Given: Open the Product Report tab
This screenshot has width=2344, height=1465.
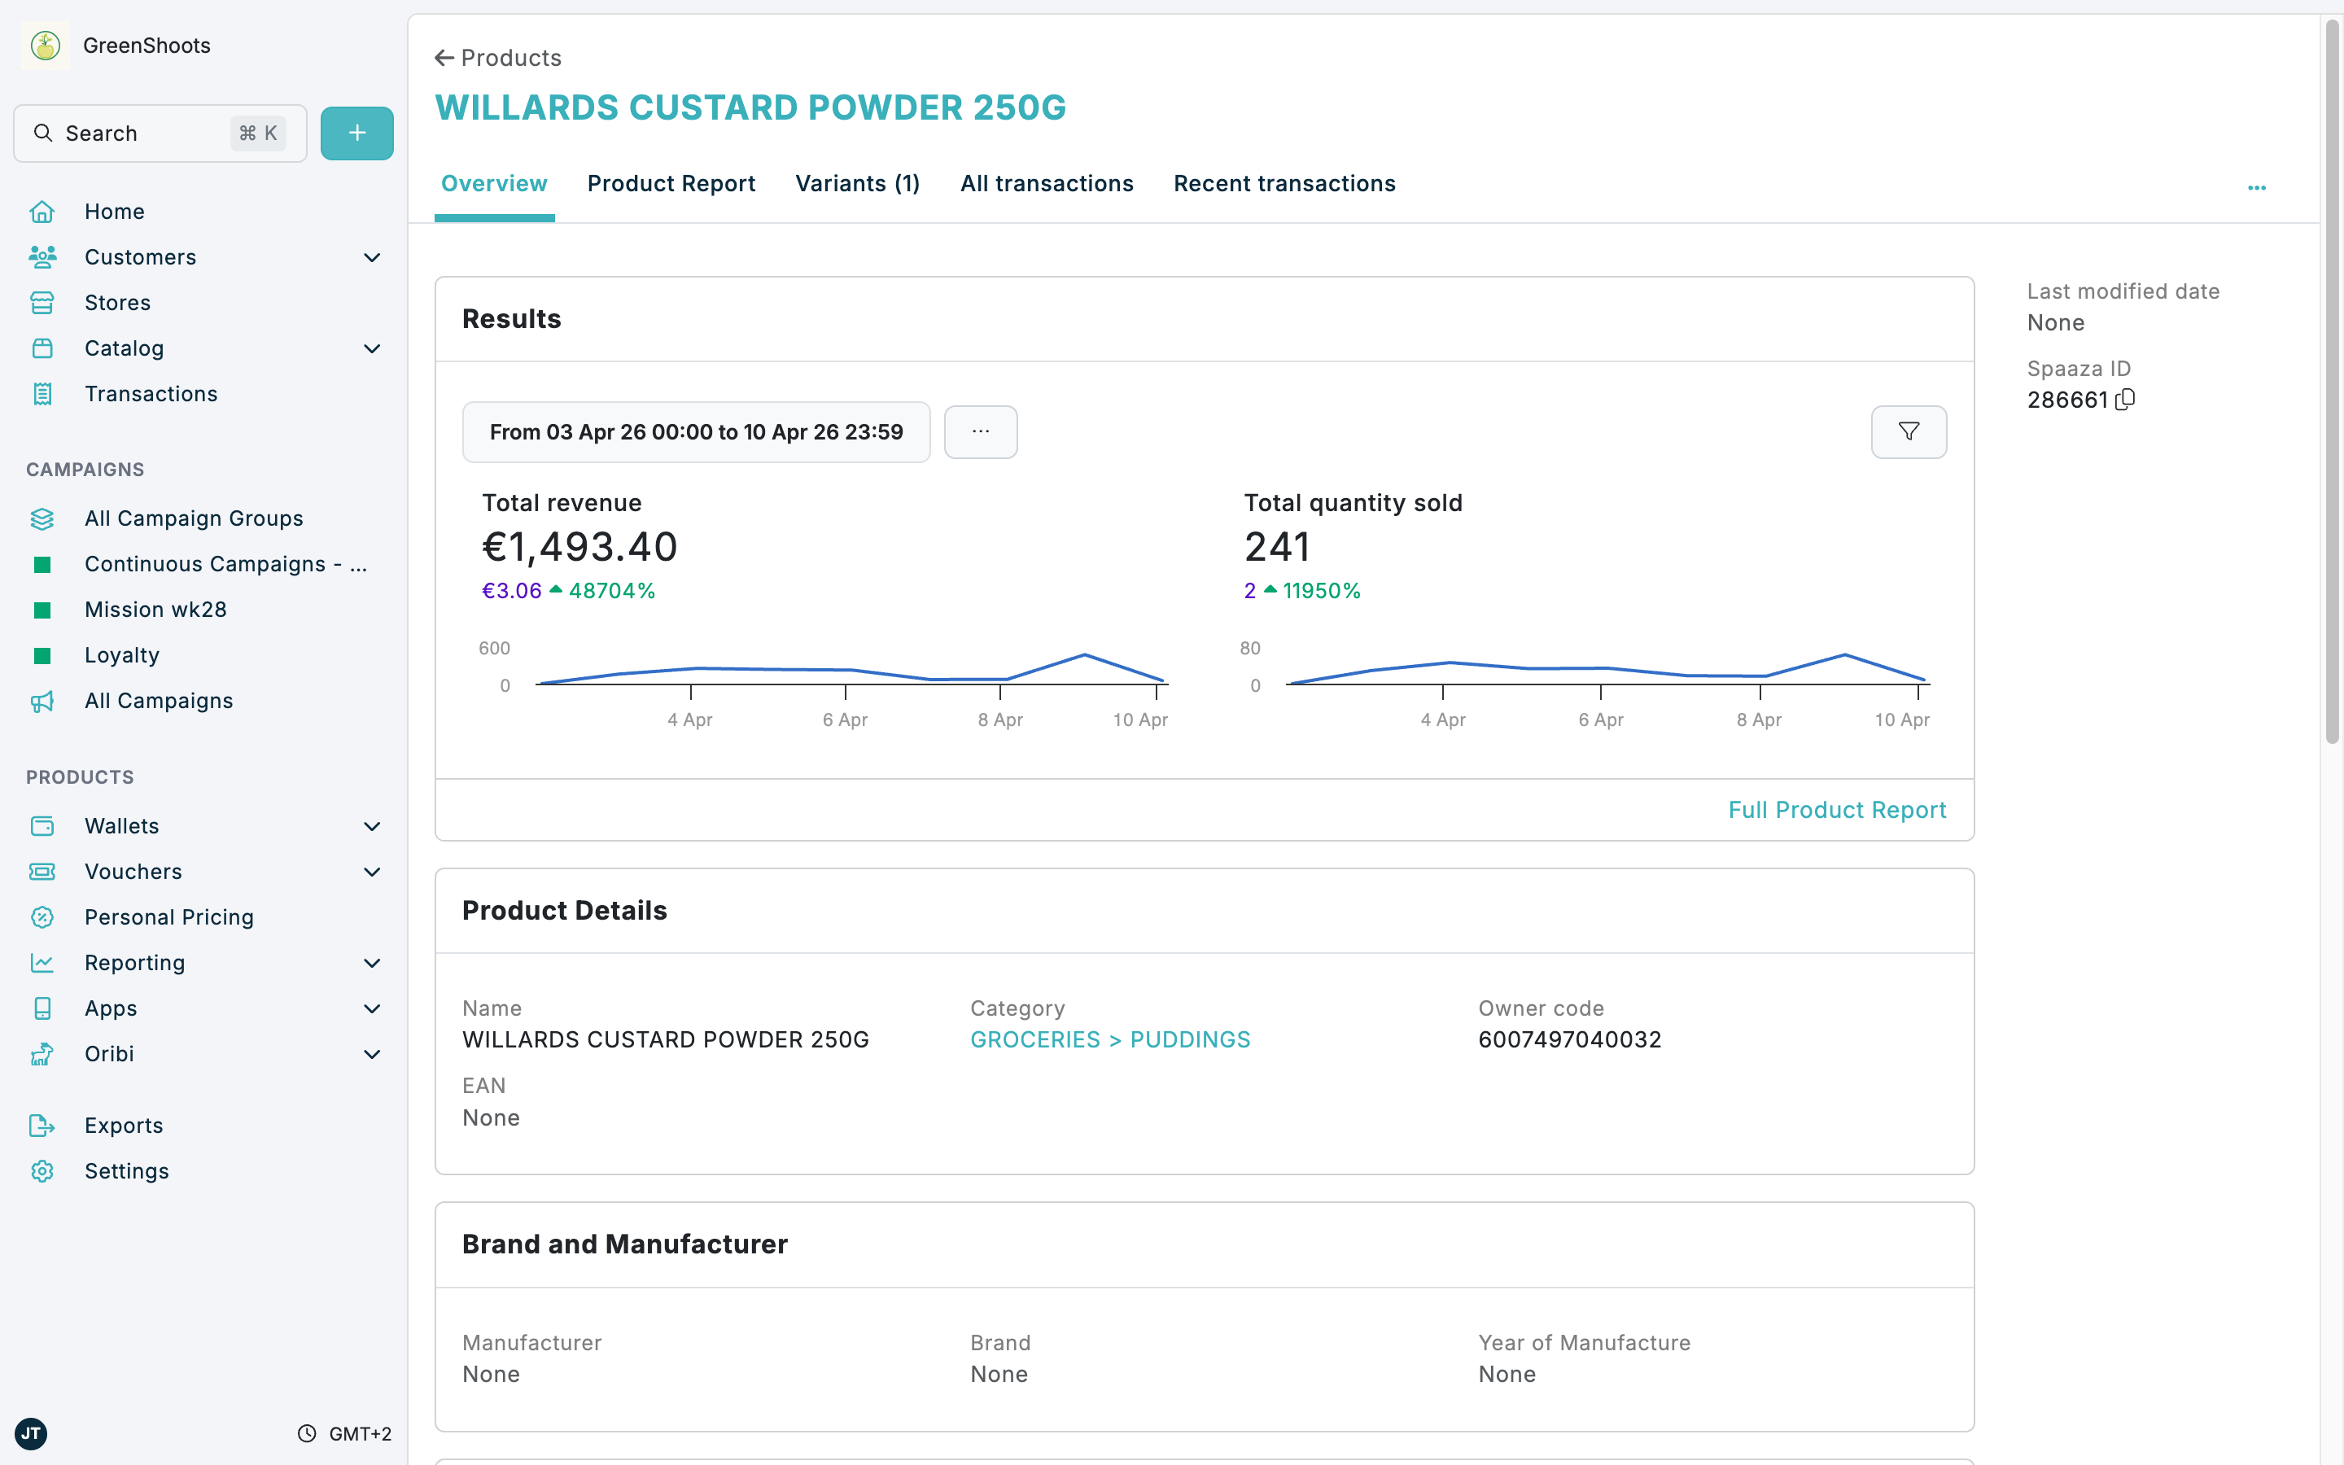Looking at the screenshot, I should pyautogui.click(x=671, y=183).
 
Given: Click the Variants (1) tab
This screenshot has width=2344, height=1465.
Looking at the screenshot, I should pyautogui.click(x=857, y=183).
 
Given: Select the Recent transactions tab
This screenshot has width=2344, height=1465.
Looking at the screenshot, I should pyautogui.click(x=1284, y=183).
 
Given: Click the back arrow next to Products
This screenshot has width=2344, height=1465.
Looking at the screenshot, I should pyautogui.click(x=444, y=58).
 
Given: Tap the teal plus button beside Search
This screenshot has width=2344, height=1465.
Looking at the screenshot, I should pyautogui.click(x=356, y=133).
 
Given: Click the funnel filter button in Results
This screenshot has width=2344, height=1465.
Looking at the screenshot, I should pyautogui.click(x=1908, y=431).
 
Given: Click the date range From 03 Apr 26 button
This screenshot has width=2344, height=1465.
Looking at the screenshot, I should pyautogui.click(x=695, y=432).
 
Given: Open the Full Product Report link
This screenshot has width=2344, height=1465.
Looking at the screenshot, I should pyautogui.click(x=1836, y=810).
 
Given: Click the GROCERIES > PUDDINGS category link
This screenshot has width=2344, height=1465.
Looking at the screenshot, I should pyautogui.click(x=1110, y=1039).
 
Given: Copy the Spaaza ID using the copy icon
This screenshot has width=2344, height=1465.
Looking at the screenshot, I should pyautogui.click(x=2125, y=399).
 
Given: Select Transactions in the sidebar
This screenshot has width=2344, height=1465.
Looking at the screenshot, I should pyautogui.click(x=150, y=393).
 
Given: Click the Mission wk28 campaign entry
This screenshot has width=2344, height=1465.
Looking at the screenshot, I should pyautogui.click(x=155, y=610).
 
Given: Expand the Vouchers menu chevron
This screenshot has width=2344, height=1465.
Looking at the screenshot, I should pyautogui.click(x=372, y=872).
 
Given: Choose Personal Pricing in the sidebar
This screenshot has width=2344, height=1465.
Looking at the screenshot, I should pyautogui.click(x=168, y=916).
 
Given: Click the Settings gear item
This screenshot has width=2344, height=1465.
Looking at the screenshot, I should pyautogui.click(x=126, y=1170).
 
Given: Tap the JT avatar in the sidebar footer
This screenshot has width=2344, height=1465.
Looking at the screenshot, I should pyautogui.click(x=31, y=1433).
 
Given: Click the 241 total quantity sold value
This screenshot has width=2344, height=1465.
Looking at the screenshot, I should pyautogui.click(x=1277, y=548).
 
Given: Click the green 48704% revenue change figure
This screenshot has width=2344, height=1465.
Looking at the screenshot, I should pyautogui.click(x=611, y=591).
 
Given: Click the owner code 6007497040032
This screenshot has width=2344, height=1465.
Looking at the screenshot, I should pyautogui.click(x=1569, y=1039).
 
